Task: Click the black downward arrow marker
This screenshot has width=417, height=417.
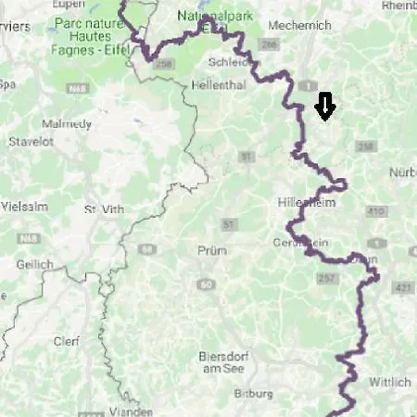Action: click(x=324, y=107)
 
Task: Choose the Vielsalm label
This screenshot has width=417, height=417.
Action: click(x=23, y=205)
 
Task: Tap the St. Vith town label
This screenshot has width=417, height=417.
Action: click(x=103, y=209)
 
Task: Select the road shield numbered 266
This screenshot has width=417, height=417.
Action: click(x=270, y=44)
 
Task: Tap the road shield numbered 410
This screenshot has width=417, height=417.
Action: click(x=375, y=211)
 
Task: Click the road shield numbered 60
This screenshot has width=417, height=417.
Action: click(x=205, y=284)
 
